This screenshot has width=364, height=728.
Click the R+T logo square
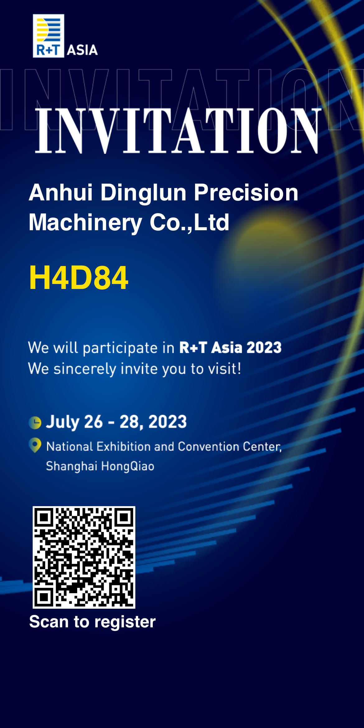pyautogui.click(x=49, y=36)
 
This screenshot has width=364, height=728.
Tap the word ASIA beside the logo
pyautogui.click(x=82, y=50)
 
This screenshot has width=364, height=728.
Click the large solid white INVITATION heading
pyautogui.click(x=178, y=130)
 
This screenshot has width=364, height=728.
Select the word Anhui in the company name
pyautogui.click(x=61, y=192)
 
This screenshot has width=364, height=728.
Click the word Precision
pyautogui.click(x=246, y=192)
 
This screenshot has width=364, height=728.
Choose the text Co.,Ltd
pyautogui.click(x=189, y=222)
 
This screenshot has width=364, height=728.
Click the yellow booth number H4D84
pyautogui.click(x=78, y=278)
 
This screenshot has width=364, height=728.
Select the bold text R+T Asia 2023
pyautogui.click(x=231, y=347)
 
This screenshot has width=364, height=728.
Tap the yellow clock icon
pyautogui.click(x=35, y=423)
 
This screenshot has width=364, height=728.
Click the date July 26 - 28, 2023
pyautogui.click(x=116, y=422)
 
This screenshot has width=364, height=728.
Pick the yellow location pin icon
pyautogui.click(x=35, y=445)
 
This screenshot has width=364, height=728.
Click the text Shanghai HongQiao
pyautogui.click(x=100, y=466)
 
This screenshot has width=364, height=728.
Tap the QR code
pyautogui.click(x=84, y=557)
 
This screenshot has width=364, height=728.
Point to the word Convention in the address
pyautogui.click(x=209, y=446)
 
